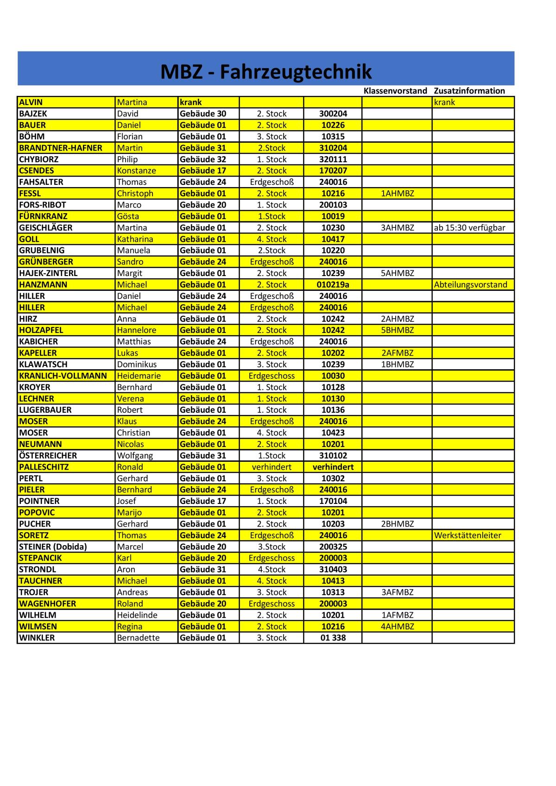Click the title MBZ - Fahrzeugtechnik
(266, 72)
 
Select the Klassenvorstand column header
(395, 91)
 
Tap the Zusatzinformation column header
(469, 91)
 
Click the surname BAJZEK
(33, 113)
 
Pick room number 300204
(333, 113)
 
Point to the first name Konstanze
(136, 170)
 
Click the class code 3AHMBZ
(397, 227)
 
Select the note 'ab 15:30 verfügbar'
(469, 227)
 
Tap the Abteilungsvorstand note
(470, 284)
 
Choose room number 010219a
(333, 284)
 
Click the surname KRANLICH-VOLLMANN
(63, 376)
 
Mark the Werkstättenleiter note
(468, 535)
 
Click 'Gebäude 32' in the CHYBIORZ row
(203, 159)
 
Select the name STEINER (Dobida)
(53, 547)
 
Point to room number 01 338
(333, 638)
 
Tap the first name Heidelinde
(137, 615)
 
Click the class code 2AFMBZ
(397, 353)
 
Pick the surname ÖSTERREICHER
(48, 455)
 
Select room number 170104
(333, 501)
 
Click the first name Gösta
(128, 216)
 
